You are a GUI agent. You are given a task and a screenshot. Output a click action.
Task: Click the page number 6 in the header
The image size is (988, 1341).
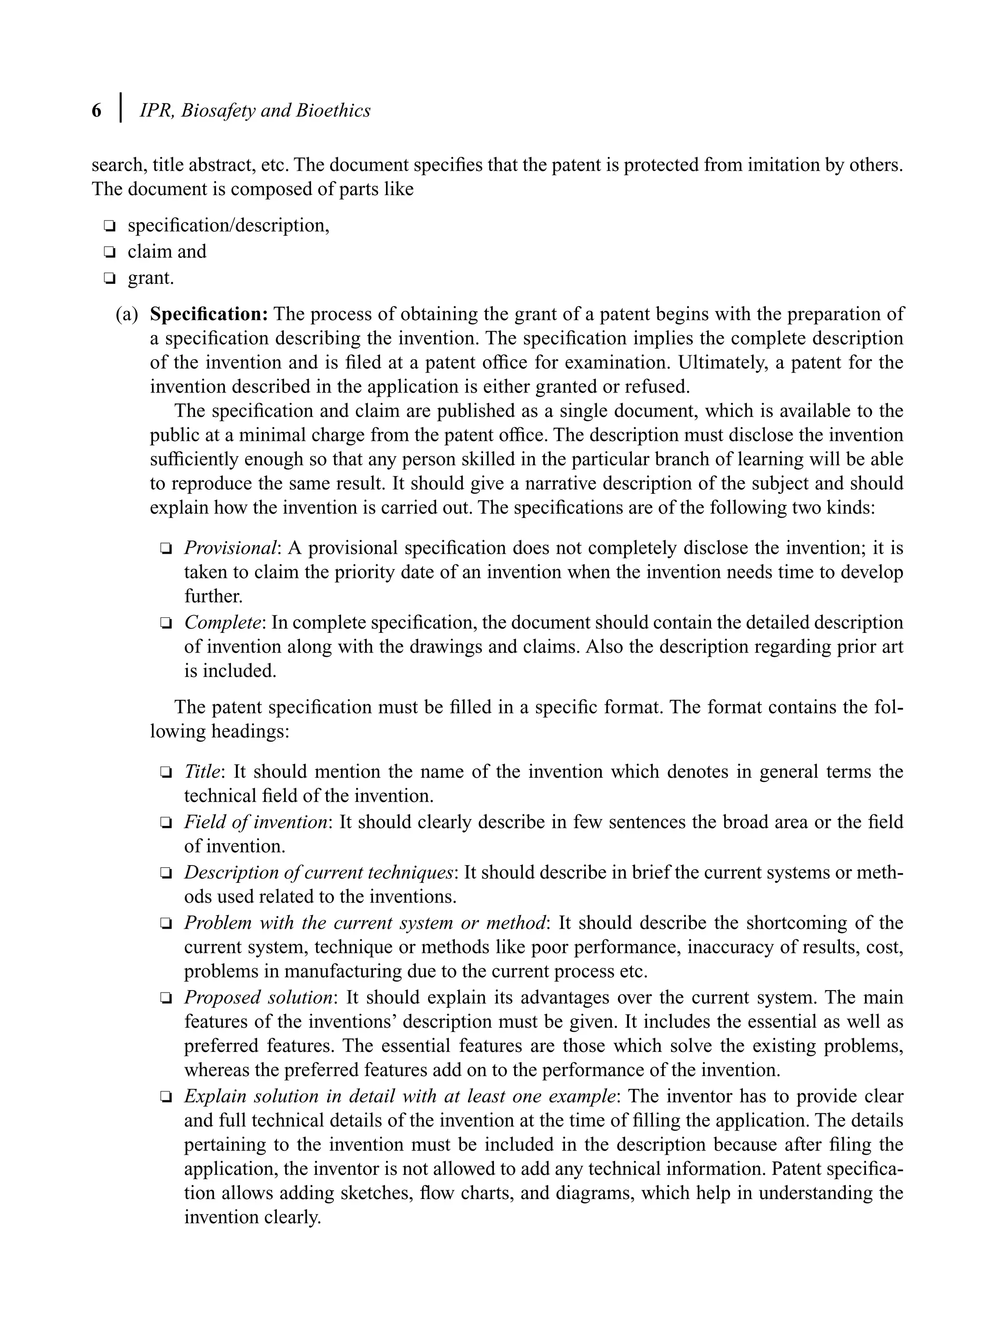click(96, 111)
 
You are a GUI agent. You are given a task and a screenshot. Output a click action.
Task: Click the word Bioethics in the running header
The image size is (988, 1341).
click(333, 111)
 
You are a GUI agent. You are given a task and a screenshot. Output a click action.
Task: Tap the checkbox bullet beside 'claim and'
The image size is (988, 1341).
click(109, 252)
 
